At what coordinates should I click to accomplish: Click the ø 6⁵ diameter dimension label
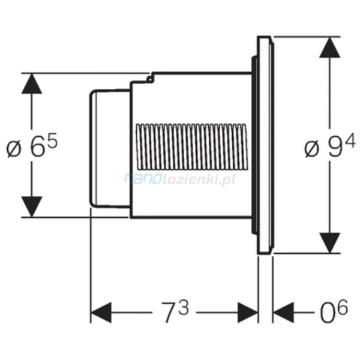pos(32,146)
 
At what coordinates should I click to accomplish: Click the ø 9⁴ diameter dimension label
pos(330,146)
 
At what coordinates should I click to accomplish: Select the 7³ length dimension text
pos(175,311)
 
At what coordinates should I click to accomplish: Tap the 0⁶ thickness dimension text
pos(334,310)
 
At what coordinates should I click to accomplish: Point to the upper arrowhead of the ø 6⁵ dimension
pos(32,83)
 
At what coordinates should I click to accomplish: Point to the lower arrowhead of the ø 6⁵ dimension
pos(32,206)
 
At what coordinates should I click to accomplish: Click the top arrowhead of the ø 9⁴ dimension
pos(329,47)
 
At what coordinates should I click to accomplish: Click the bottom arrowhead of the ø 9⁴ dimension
pos(329,243)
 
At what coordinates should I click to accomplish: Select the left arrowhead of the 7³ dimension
pos(101,313)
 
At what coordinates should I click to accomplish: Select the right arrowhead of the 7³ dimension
pos(248,313)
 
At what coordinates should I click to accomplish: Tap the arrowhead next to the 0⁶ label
pos(284,313)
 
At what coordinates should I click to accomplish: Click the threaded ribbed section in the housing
pos(192,147)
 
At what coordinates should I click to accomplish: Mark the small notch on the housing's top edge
pos(150,79)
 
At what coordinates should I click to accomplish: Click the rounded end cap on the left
pos(110,149)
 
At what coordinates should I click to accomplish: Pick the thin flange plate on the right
pos(265,145)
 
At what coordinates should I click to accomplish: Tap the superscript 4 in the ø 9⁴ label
pos(350,140)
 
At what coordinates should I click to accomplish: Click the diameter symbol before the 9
pos(312,149)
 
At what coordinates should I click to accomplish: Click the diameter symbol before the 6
pos(14,149)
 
